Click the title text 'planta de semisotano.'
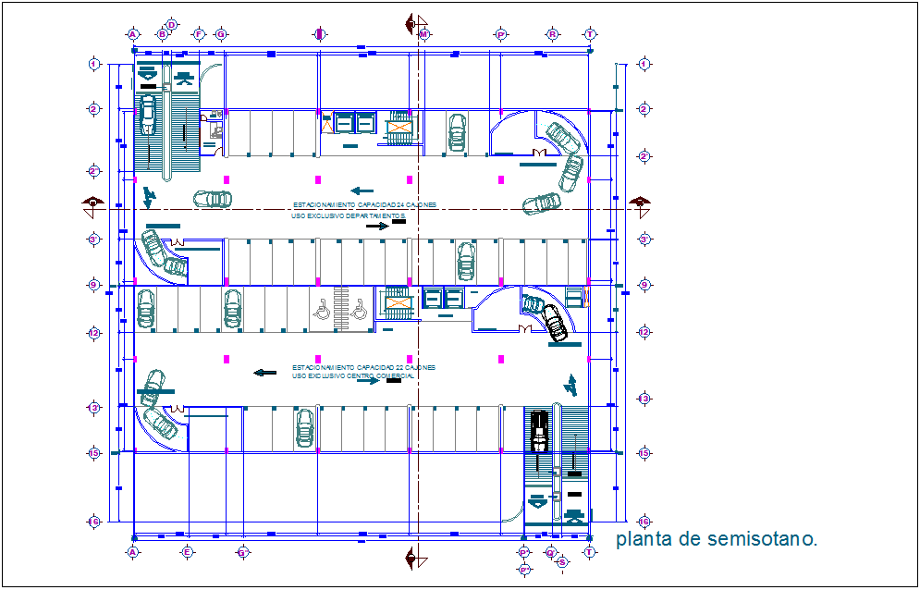[717, 540]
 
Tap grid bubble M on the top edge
[424, 34]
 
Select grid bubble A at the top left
[133, 34]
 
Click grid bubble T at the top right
[589, 34]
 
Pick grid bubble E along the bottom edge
[187, 552]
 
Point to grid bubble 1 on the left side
[93, 64]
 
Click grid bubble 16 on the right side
[644, 522]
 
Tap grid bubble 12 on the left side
[93, 332]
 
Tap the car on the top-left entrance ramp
[148, 117]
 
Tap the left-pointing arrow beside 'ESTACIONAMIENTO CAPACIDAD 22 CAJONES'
[265, 373]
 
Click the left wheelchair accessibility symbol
[323, 312]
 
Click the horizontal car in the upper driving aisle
[213, 198]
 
